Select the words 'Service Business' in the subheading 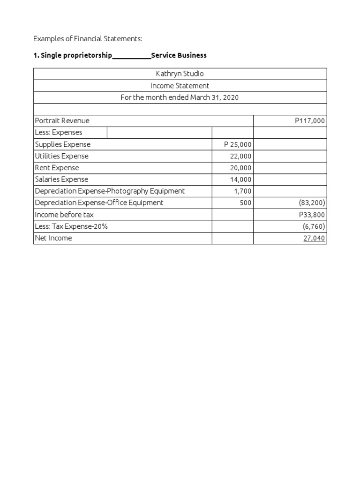pyautogui.click(x=179, y=55)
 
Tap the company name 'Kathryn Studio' pyautogui.click(x=180, y=74)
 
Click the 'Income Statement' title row pyautogui.click(x=180, y=86)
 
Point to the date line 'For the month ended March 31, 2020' pyautogui.click(x=180, y=97)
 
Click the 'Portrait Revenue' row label pyautogui.click(x=62, y=121)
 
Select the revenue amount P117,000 pyautogui.click(x=309, y=121)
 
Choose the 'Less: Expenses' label pyautogui.click(x=59, y=133)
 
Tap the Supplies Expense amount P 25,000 pyautogui.click(x=238, y=144)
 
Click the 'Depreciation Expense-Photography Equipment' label pyautogui.click(x=110, y=191)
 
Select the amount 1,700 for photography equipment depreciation pyautogui.click(x=242, y=191)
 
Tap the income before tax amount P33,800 pyautogui.click(x=312, y=215)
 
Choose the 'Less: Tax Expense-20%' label pyautogui.click(x=71, y=226)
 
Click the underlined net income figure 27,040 pyautogui.click(x=314, y=238)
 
